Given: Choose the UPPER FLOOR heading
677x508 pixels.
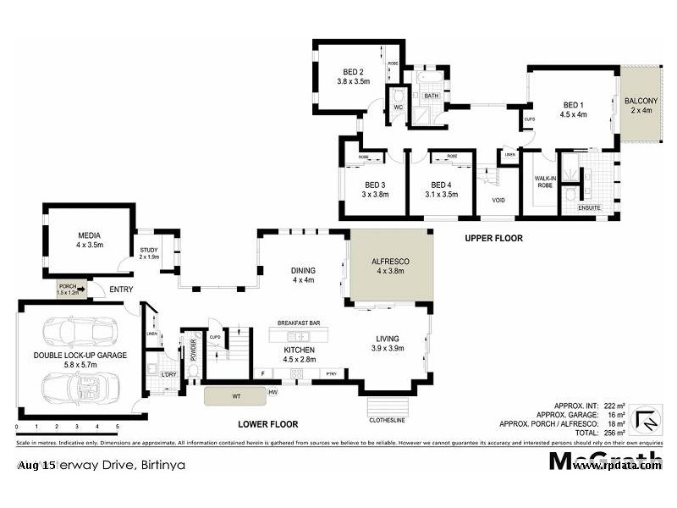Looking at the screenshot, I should pos(493,239).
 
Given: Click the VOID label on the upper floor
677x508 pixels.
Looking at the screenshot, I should pos(498,201).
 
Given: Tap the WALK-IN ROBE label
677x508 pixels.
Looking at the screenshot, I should pos(544,181).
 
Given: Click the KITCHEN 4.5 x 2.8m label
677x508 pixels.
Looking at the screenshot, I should pos(299,354).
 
